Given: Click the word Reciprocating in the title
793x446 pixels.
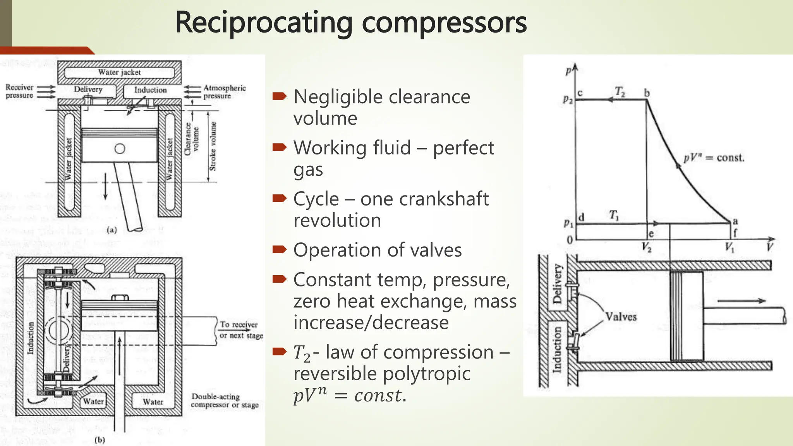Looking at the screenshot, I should [263, 22].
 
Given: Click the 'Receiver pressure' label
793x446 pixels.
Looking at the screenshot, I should [19, 91].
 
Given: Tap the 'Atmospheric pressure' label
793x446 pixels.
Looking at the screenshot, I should [224, 92].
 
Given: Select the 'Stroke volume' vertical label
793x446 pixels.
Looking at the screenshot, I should [213, 146].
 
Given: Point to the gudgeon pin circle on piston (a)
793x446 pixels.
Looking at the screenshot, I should [120, 149].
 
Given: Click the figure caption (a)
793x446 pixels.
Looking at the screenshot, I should [112, 230].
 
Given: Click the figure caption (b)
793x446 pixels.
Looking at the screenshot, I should [100, 440].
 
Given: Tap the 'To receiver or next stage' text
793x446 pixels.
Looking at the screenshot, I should [240, 330].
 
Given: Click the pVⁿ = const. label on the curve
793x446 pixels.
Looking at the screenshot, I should [714, 158].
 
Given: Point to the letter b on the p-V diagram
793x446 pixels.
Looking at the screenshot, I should [647, 93].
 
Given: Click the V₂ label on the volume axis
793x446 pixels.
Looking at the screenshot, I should [646, 247].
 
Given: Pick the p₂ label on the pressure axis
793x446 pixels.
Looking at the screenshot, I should [568, 99].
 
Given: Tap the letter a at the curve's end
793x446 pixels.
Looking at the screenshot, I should [735, 221].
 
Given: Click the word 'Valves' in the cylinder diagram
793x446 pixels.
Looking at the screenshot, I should [621, 317].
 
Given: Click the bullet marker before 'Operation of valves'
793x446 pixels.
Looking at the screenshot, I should [279, 249].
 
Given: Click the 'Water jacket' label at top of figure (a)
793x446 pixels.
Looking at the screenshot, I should [119, 72].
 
